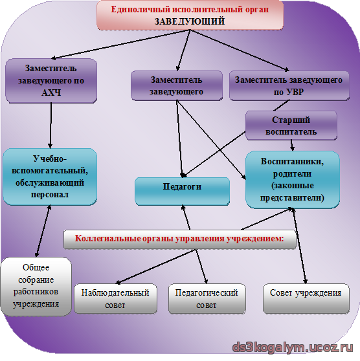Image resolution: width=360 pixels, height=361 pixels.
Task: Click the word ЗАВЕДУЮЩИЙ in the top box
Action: pyautogui.click(x=190, y=21)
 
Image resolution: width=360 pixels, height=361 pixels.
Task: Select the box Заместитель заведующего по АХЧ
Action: pyautogui.click(x=51, y=81)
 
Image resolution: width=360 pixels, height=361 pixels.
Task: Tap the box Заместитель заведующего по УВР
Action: pyautogui.click(x=289, y=85)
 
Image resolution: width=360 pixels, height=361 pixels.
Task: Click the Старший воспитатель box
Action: pyautogui.click(x=291, y=126)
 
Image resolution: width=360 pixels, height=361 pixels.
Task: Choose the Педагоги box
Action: pyautogui.click(x=182, y=191)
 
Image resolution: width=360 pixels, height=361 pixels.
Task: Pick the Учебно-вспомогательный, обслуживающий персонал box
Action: pyautogui.click(x=50, y=177)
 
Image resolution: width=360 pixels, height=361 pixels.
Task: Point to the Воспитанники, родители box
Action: pyautogui.click(x=293, y=180)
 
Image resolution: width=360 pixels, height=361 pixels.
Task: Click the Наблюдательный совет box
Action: pyautogui.click(x=115, y=299)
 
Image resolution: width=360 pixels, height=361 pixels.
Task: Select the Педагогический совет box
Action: pyautogui.click(x=207, y=299)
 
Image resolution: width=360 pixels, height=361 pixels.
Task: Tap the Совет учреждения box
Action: pyautogui.click(x=306, y=299)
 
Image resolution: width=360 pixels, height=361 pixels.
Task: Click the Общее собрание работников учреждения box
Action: pyautogui.click(x=36, y=287)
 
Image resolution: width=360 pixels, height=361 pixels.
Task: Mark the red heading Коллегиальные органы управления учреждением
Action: pyautogui.click(x=179, y=239)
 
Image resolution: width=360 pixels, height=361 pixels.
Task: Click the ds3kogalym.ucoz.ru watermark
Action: pyautogui.click(x=293, y=347)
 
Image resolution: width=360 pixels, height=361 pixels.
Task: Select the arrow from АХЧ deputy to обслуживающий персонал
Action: pyautogui.click(x=51, y=126)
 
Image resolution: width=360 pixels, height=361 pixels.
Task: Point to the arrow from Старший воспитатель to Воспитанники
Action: pyautogui.click(x=292, y=146)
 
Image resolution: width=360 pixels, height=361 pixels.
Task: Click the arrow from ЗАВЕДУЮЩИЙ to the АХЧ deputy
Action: pyautogui.click(x=120, y=44)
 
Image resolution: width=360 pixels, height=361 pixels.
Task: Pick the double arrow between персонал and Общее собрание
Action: pyautogui.click(x=43, y=231)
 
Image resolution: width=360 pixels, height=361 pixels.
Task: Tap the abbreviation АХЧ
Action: pyautogui.click(x=51, y=93)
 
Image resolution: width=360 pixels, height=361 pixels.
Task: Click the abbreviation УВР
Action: pyautogui.click(x=295, y=92)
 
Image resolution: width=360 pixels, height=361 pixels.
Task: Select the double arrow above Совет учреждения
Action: pyautogui.click(x=299, y=246)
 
